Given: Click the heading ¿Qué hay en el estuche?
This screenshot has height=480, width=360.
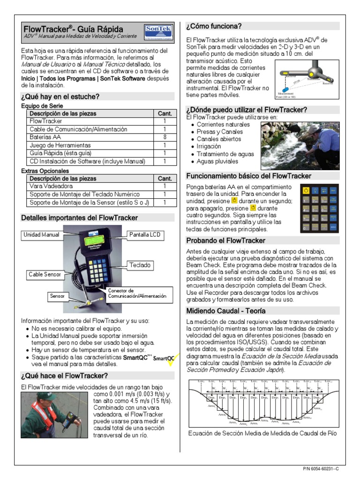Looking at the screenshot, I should pyautogui.click(x=60, y=97).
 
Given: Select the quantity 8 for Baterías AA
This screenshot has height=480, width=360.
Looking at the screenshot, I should pyautogui.click(x=165, y=137).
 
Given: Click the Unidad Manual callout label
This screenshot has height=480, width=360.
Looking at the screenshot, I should pyautogui.click(x=41, y=234).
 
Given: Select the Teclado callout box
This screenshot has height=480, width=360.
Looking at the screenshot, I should pyautogui.click(x=140, y=265).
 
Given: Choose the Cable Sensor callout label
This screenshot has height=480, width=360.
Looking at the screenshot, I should pyautogui.click(x=45, y=274).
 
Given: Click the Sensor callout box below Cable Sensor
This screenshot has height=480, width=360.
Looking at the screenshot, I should pyautogui.click(x=57, y=296).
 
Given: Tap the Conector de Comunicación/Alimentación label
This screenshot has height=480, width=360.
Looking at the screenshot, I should pyautogui.click(x=137, y=293).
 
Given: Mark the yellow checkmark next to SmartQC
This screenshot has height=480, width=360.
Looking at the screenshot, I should pyautogui.click(x=170, y=360).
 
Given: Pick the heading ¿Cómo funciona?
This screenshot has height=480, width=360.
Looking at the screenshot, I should pyautogui.click(x=214, y=26).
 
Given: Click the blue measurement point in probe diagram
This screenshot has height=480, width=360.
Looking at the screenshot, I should pyautogui.click(x=285, y=89).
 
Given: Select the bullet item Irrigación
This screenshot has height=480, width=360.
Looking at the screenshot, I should pyautogui.click(x=209, y=146).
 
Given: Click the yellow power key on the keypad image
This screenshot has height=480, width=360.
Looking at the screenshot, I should pyautogui.click(x=306, y=190).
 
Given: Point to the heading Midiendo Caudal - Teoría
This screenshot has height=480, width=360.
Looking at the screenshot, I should pyautogui.click(x=225, y=311).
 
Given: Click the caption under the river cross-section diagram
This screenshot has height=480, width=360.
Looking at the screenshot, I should pyautogui.click(x=262, y=433).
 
